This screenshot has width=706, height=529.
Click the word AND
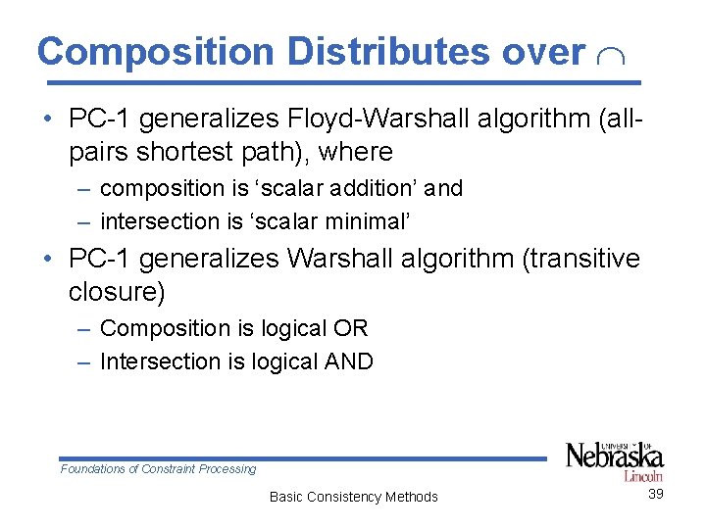pyautogui.click(x=348, y=361)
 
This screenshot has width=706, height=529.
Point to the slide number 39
pyautogui.click(x=656, y=494)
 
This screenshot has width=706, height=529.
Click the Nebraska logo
pyautogui.click(x=615, y=457)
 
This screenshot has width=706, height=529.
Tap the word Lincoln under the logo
pyautogui.click(x=644, y=475)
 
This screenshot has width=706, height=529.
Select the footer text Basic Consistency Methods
pyautogui.click(x=353, y=497)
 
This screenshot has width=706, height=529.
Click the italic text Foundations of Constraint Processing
pyautogui.click(x=158, y=469)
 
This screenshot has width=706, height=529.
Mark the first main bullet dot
pyautogui.click(x=48, y=121)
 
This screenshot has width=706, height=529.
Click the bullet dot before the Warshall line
pyautogui.click(x=48, y=261)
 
